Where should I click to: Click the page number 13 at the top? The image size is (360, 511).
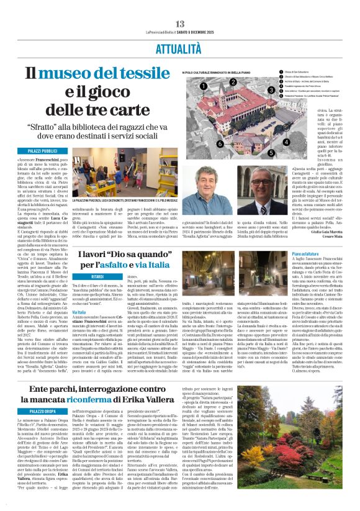tap(180, 23)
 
